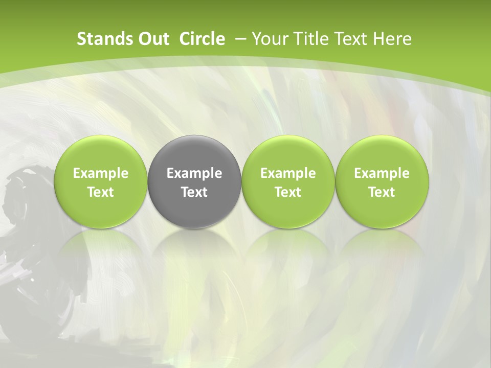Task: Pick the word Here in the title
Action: tap(392, 39)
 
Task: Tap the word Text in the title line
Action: tap(350, 39)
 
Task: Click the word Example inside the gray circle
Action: tap(194, 173)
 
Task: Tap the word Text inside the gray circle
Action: tap(194, 192)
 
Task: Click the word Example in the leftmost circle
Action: tap(101, 173)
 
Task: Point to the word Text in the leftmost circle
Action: tap(101, 192)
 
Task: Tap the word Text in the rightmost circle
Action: tap(382, 192)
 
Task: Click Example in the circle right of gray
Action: tap(288, 173)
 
